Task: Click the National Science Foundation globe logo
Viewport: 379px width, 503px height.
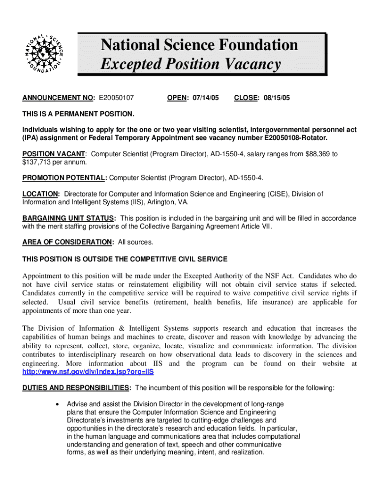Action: click(x=44, y=55)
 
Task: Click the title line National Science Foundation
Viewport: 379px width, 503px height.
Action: click(x=199, y=45)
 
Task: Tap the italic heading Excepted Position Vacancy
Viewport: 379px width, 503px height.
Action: click(x=191, y=64)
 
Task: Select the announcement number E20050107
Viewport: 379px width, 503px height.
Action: click(x=117, y=98)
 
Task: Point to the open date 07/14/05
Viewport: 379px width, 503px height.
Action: click(x=202, y=98)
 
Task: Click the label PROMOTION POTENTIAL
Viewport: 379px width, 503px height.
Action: click(x=63, y=177)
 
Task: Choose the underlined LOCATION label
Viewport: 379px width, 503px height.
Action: click(x=41, y=194)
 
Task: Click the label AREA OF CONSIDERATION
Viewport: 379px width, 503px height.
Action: click(x=67, y=242)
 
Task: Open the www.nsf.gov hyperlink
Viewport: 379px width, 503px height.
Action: click(x=88, y=372)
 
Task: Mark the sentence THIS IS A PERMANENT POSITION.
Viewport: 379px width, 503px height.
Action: click(x=78, y=114)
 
